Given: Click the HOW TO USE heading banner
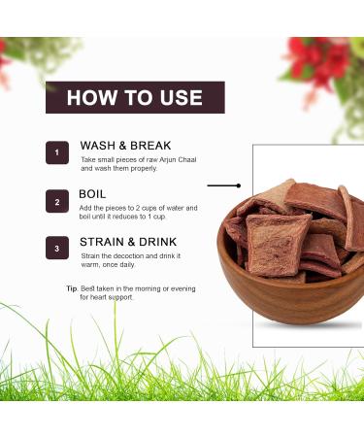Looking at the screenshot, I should (x=135, y=97).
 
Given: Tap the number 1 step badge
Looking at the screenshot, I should (x=56, y=153).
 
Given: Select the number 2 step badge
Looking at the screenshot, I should (x=56, y=201).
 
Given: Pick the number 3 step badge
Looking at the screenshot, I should (x=56, y=249).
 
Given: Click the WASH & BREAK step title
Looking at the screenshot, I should (x=125, y=146).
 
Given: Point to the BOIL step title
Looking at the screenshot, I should (x=94, y=193).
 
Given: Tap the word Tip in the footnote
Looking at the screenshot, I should (x=71, y=288).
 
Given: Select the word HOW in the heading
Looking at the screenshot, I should (x=89, y=98).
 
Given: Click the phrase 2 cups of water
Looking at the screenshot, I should (x=166, y=208).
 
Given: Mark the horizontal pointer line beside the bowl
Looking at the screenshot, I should (x=227, y=185).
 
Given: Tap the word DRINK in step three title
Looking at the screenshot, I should (x=163, y=241).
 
